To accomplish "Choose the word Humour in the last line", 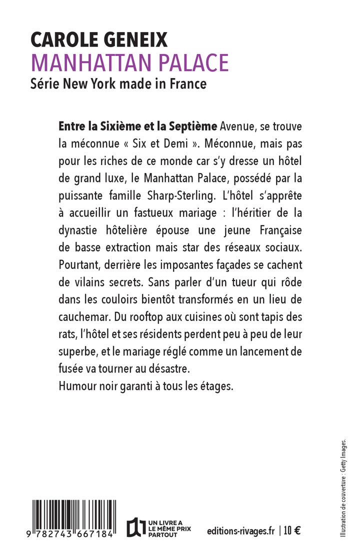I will [x=78, y=385].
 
